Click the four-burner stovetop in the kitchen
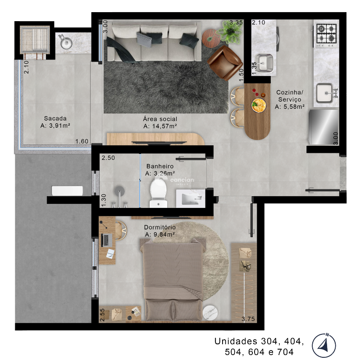[326, 35]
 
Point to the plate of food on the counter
[258, 106]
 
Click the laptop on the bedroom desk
[107, 240]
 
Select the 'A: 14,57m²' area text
[159, 126]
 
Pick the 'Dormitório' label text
[160, 227]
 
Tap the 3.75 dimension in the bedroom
[248, 319]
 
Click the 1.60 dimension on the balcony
[82, 141]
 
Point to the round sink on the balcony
[66, 43]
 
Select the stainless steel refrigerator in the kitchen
[324, 127]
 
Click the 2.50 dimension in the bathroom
[108, 158]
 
